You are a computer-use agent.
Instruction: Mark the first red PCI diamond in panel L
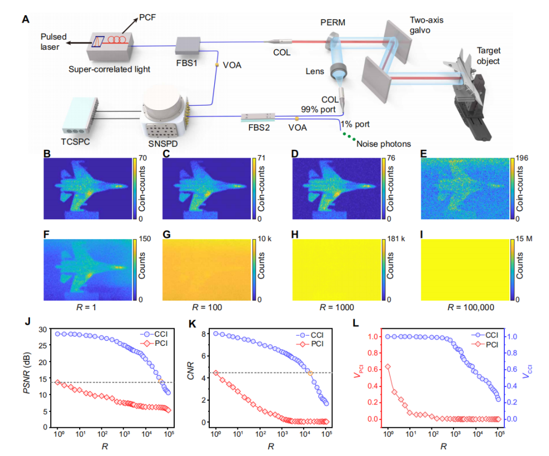[388, 367]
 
